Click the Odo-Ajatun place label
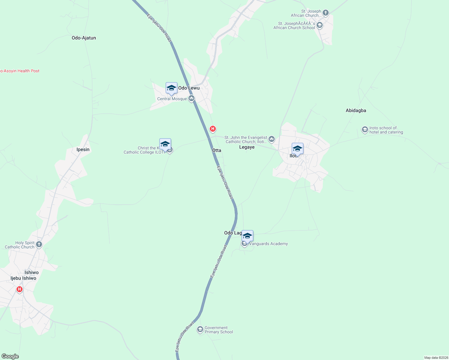[x=84, y=38]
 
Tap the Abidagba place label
[x=356, y=110]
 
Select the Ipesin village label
[x=83, y=149]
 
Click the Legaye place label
[x=247, y=147]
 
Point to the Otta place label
[x=217, y=150]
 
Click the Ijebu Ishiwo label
[x=23, y=278]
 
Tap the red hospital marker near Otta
[x=213, y=129]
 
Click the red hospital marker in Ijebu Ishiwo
[x=20, y=289]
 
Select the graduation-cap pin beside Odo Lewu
[x=171, y=88]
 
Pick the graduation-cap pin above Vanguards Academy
[x=247, y=236]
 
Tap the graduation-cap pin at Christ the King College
[x=165, y=144]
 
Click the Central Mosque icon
[x=191, y=98]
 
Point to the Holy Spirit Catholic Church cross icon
[x=39, y=244]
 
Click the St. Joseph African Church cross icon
[x=326, y=13]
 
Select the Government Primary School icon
[x=200, y=330]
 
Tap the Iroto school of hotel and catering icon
[x=365, y=130]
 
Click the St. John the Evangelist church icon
[x=272, y=139]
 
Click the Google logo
[x=10, y=356]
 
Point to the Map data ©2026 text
[x=436, y=358]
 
